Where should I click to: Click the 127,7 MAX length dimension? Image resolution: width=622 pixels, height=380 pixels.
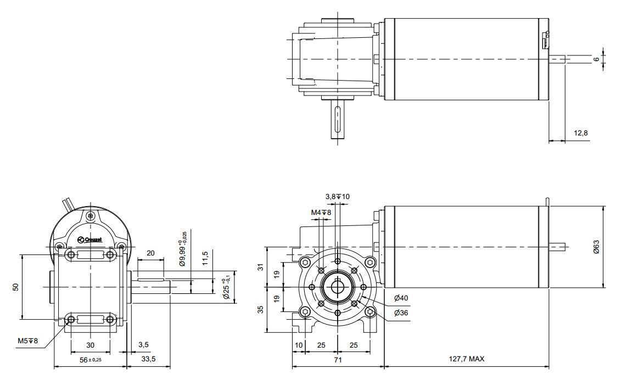click(x=466, y=360)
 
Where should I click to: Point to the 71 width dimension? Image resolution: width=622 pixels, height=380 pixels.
click(x=338, y=360)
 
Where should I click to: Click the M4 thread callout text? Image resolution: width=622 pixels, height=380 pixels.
click(x=321, y=212)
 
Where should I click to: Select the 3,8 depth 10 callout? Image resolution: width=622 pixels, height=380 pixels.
click(x=338, y=196)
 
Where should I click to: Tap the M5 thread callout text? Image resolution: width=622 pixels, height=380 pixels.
click(x=27, y=341)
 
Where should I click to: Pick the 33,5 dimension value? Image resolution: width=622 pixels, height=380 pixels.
click(x=149, y=360)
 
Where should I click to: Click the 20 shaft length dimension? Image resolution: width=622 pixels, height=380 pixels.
click(x=150, y=253)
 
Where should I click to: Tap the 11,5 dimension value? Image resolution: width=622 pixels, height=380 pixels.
click(x=205, y=257)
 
